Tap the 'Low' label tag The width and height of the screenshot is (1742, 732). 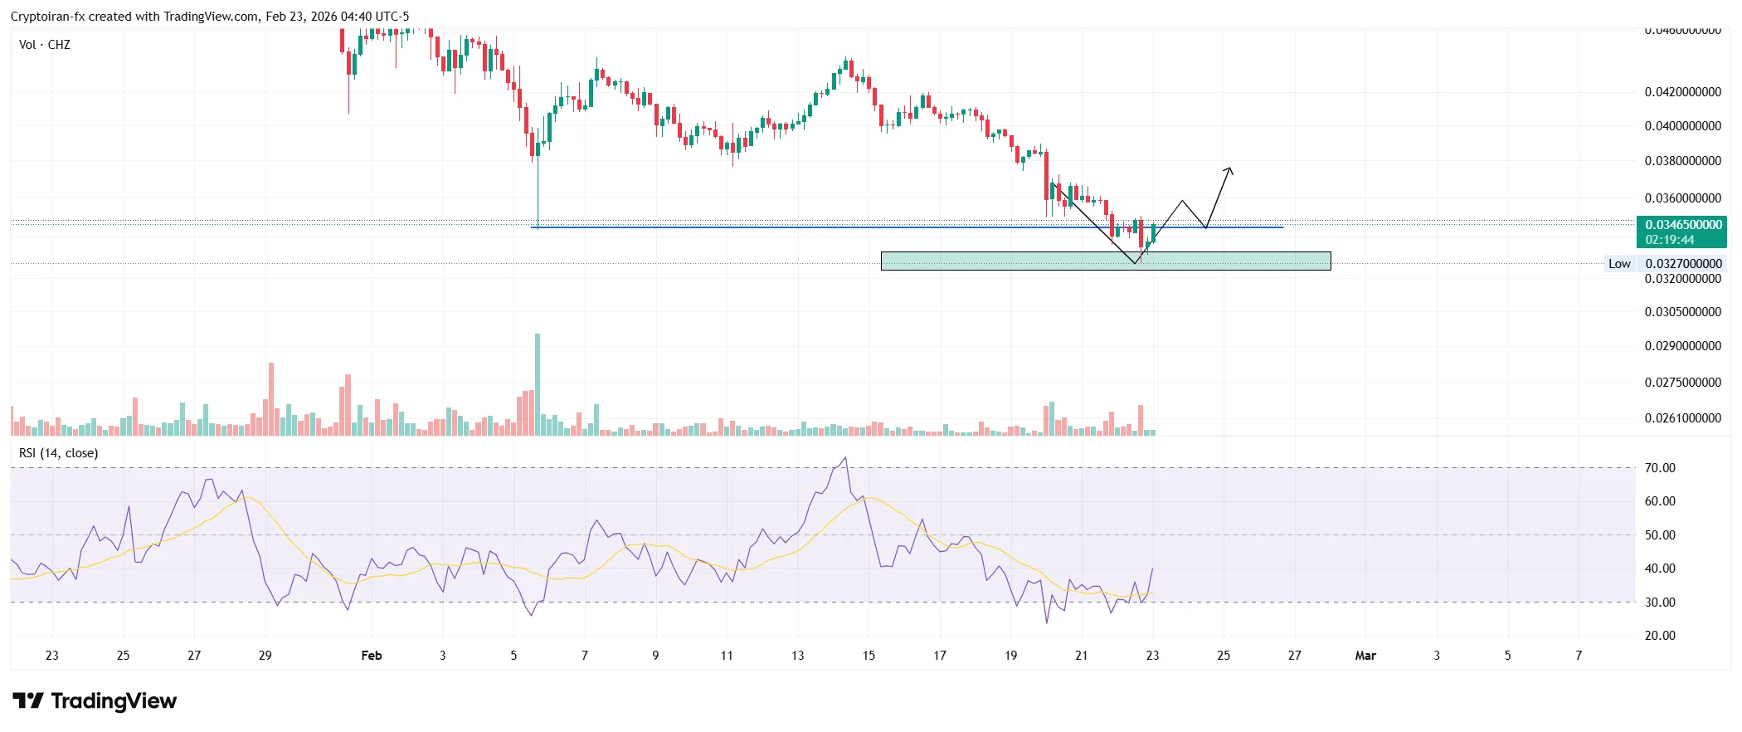tap(1619, 264)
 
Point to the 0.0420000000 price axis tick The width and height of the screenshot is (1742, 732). tap(1682, 92)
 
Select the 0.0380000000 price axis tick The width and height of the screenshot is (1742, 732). tap(1682, 161)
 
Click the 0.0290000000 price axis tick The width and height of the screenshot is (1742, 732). tap(1682, 346)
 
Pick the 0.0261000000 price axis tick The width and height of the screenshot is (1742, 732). tap(1682, 418)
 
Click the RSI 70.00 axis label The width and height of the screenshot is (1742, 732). tap(1660, 468)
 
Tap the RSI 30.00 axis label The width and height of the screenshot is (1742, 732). tap(1660, 603)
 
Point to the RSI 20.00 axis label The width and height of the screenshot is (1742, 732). tap(1660, 636)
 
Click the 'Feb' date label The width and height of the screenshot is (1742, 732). tap(372, 656)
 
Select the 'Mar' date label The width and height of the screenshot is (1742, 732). tap(1365, 656)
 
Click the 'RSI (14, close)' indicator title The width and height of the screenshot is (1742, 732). tap(59, 453)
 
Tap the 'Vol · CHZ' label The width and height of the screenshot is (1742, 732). tap(45, 45)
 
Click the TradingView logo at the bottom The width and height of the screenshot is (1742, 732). tap(95, 701)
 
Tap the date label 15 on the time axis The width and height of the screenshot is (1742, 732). tap(869, 656)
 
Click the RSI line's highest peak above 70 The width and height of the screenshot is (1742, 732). tap(845, 457)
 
